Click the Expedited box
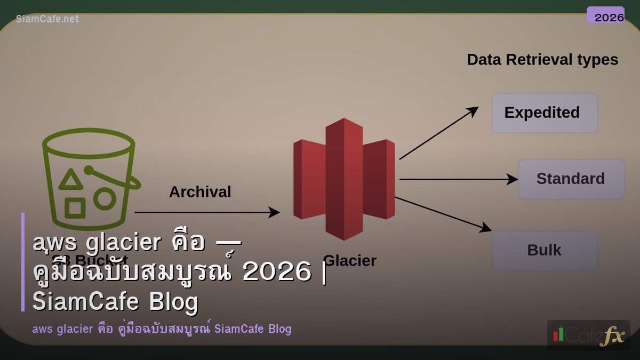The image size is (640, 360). pyautogui.click(x=545, y=113)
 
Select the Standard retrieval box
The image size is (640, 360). pyautogui.click(x=571, y=179)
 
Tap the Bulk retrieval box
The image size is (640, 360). pyautogui.click(x=545, y=251)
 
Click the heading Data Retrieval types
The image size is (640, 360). pyautogui.click(x=542, y=60)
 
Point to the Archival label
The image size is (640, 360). pyautogui.click(x=200, y=192)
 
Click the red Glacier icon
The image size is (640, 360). pyautogui.click(x=344, y=179)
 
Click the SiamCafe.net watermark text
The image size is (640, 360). pyautogui.click(x=47, y=19)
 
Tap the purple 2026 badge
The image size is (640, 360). pyautogui.click(x=606, y=15)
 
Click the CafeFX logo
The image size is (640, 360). pyautogui.click(x=588, y=335)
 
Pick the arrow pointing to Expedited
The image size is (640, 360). pyautogui.click(x=438, y=133)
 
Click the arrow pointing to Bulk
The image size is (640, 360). pyautogui.click(x=443, y=214)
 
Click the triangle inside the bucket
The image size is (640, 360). pyautogui.click(x=70, y=180)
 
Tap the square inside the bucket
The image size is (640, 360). pyautogui.click(x=75, y=207)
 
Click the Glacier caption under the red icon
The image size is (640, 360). pyautogui.click(x=350, y=261)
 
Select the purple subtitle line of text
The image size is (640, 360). pyautogui.click(x=162, y=329)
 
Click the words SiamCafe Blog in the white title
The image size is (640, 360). pyautogui.click(x=115, y=301)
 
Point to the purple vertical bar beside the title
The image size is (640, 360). pyautogui.click(x=23, y=262)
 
